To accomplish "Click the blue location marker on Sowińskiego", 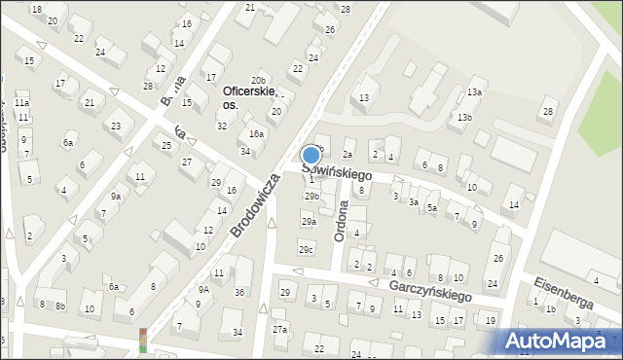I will [x=311, y=155].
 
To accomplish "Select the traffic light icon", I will [x=143, y=340].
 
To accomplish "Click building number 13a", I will [x=474, y=92].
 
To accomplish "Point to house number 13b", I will [x=465, y=118].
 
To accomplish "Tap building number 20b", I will [x=258, y=80].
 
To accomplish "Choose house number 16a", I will [x=256, y=134].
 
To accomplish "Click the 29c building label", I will [x=306, y=250].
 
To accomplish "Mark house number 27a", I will [x=280, y=330].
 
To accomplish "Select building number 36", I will [x=239, y=292].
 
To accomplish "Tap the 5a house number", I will [x=431, y=208].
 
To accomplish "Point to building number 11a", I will [x=21, y=102].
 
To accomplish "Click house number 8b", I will [x=60, y=306].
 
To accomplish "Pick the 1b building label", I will [x=551, y=308].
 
